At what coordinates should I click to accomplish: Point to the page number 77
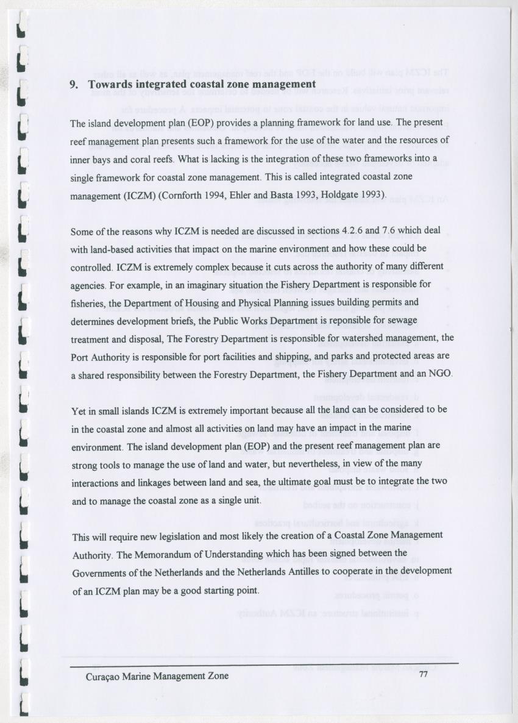pos(425,675)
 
